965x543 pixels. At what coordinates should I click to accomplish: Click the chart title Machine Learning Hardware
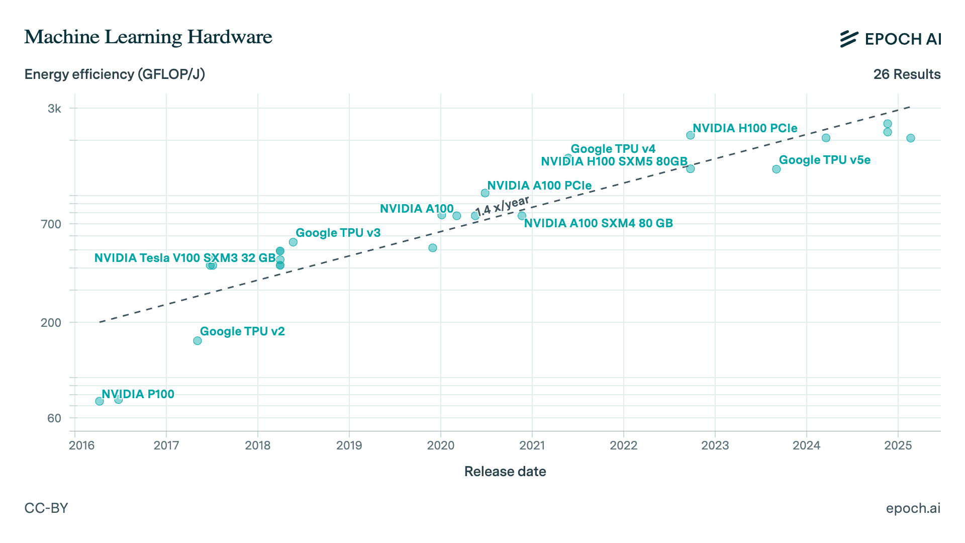coord(148,37)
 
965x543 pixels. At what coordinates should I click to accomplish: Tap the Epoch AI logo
coord(890,39)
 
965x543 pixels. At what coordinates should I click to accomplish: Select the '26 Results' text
coord(907,74)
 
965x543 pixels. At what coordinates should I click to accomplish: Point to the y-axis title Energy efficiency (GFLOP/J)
coord(115,74)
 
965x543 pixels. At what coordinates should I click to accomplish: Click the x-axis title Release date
coord(505,472)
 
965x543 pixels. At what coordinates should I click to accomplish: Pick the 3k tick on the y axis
coord(54,109)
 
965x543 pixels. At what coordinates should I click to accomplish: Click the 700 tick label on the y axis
coord(51,224)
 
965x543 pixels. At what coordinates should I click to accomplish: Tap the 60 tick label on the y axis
coord(54,418)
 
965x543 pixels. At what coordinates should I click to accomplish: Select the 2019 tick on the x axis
coord(349,445)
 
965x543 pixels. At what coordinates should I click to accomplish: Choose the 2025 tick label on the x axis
coord(898,445)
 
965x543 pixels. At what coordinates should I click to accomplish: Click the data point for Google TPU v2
coord(198,341)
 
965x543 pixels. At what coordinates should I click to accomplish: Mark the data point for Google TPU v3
coord(293,242)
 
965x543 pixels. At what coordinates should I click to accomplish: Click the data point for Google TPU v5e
coord(776,169)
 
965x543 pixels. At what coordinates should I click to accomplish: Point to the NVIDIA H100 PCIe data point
coord(690,135)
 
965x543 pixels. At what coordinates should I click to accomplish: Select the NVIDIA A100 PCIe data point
coord(485,193)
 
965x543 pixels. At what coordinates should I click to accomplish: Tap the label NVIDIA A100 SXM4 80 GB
coord(598,223)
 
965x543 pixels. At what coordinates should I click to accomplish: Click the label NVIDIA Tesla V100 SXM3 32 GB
coord(185,258)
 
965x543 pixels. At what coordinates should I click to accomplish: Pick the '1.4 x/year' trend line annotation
coord(502,206)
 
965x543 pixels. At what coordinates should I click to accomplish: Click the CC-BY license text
coord(46,508)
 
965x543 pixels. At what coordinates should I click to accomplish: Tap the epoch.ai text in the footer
coord(913,508)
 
